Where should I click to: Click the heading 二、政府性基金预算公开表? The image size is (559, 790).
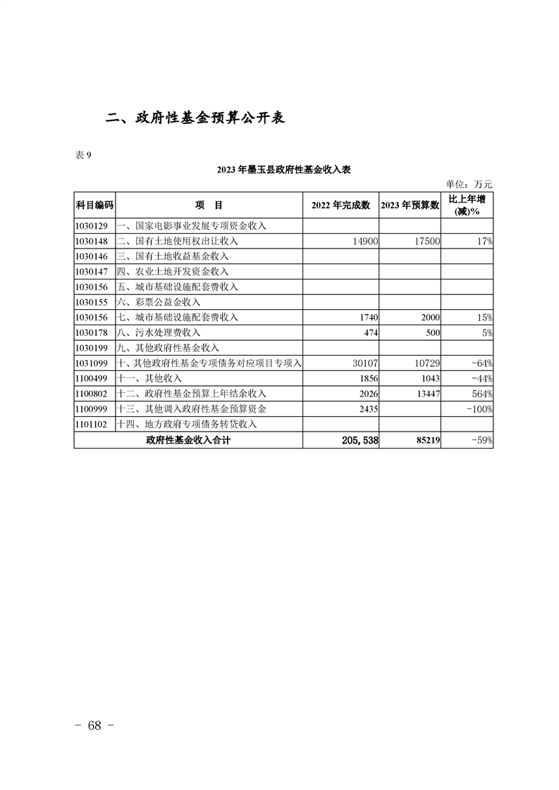(195, 118)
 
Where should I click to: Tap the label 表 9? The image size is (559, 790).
(82, 155)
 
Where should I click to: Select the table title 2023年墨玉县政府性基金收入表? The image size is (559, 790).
(283, 170)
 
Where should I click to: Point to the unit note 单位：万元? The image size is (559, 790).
(470, 184)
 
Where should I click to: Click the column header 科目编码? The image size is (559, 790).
(94, 205)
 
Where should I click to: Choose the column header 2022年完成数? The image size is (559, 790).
(340, 205)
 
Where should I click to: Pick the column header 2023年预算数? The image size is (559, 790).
(410, 205)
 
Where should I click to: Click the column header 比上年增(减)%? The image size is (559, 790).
(467, 205)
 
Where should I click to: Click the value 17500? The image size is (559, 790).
(426, 242)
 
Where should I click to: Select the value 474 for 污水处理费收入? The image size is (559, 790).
(370, 332)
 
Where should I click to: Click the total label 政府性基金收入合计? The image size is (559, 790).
(188, 441)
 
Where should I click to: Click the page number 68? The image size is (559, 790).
(94, 726)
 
